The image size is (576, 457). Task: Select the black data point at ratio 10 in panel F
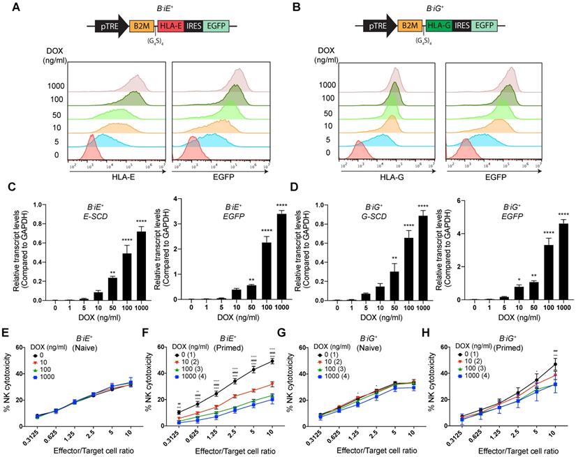272,361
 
